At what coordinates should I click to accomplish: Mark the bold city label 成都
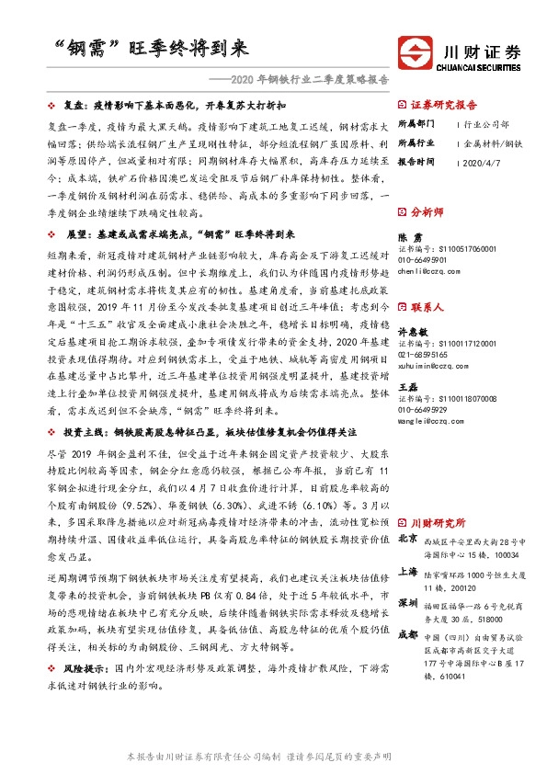pos(406,635)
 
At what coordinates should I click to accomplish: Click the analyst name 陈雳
pos(408,236)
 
